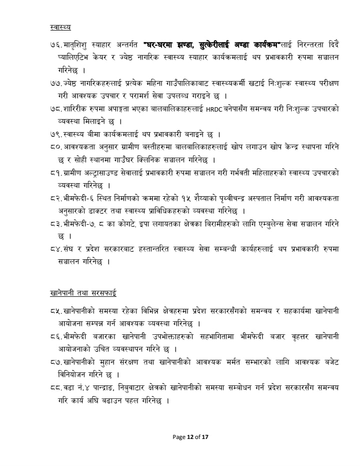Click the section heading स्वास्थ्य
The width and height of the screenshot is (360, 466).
pyautogui.click(x=60, y=26)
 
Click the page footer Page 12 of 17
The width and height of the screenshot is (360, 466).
pyautogui.click(x=190, y=436)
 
